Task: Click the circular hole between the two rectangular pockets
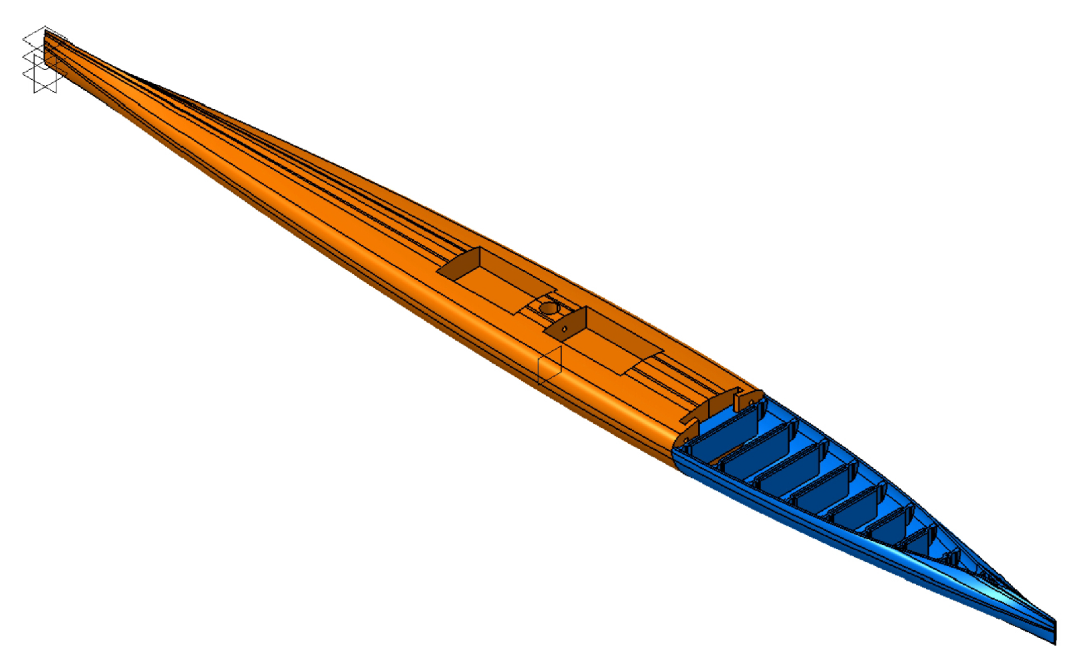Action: pos(549,308)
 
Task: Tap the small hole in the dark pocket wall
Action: pos(565,329)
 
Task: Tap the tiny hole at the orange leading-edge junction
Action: pos(686,441)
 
